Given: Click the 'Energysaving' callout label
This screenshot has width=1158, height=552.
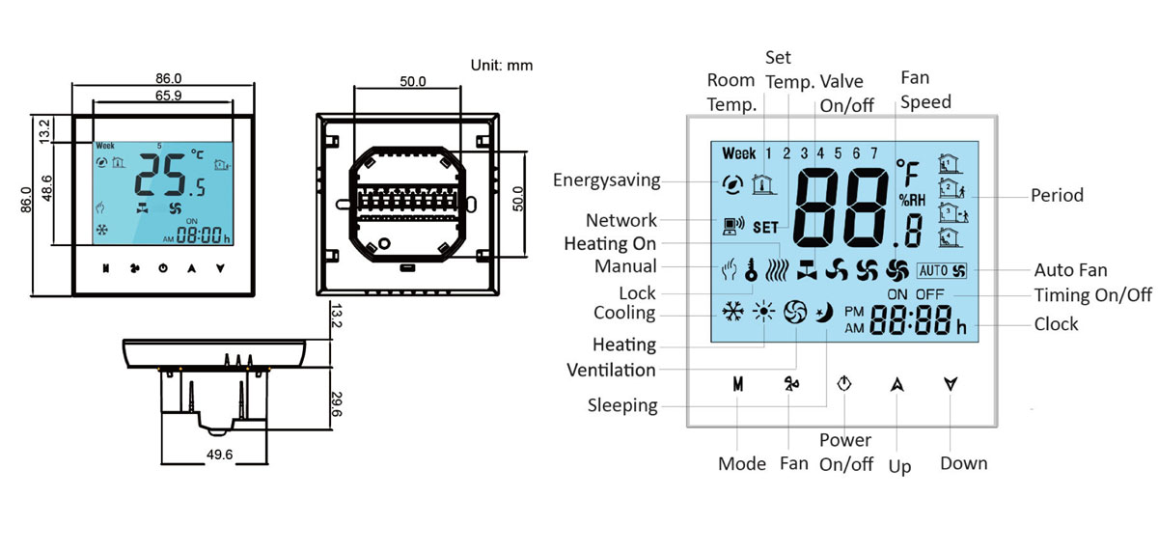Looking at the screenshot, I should (x=607, y=180).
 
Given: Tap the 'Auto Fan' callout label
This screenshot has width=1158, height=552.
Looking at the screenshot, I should (x=1070, y=270).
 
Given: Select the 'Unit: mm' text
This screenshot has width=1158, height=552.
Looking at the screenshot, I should (x=501, y=66).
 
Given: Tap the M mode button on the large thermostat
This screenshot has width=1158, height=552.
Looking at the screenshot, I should (x=738, y=383).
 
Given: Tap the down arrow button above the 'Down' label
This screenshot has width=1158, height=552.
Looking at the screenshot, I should (x=951, y=383).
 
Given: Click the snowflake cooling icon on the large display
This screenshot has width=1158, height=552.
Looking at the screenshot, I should (x=733, y=313).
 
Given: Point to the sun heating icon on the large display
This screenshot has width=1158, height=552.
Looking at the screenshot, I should (x=764, y=313).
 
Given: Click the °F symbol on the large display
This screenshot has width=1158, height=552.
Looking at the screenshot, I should (x=908, y=173).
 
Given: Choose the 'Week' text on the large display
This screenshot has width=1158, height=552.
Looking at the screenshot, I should (x=739, y=153).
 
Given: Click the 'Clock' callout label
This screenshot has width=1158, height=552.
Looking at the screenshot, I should (x=1056, y=324).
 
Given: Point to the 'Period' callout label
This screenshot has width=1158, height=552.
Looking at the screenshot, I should (x=1057, y=195).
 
